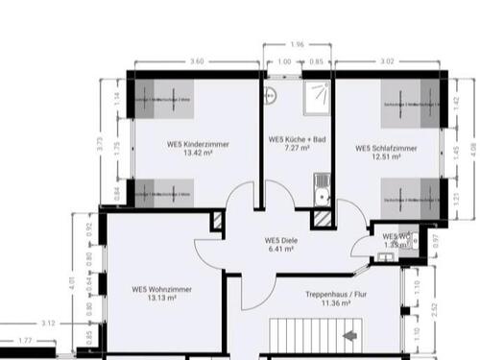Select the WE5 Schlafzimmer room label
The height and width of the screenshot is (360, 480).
386,148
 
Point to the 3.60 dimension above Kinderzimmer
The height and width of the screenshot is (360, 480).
197,61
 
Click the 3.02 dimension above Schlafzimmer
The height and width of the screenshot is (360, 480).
388,61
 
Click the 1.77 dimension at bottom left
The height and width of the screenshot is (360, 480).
24,340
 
